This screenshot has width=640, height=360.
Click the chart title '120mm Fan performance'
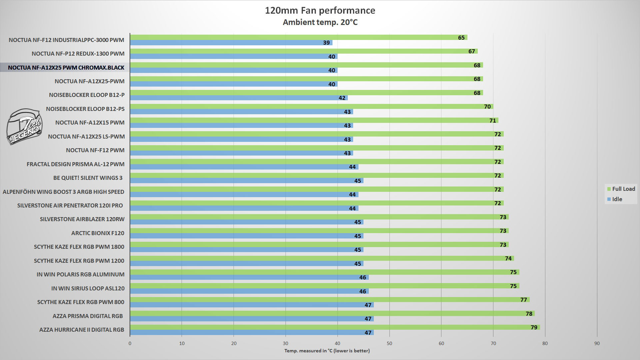pyautogui.click(x=320, y=11)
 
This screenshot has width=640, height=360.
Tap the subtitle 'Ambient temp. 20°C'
pyautogui.click(x=320, y=22)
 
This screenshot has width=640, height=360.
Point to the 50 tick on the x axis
pyautogui.click(x=389, y=343)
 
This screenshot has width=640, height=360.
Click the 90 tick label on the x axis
pyautogui.click(x=597, y=343)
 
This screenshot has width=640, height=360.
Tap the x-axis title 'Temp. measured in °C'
pyautogui.click(x=327, y=351)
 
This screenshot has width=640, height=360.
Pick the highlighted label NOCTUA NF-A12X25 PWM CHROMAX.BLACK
pyautogui.click(x=66, y=68)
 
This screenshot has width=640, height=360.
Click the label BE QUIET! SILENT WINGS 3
pyautogui.click(x=88, y=178)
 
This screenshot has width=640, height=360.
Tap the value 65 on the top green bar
pyautogui.click(x=461, y=38)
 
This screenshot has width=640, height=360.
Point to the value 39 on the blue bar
pyautogui.click(x=326, y=43)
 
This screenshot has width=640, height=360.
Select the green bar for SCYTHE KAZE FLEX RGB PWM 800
pyautogui.click(x=329, y=300)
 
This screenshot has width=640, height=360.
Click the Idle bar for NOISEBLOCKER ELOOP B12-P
pyautogui.click(x=239, y=98)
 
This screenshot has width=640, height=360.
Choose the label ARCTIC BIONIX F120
pyautogui.click(x=98, y=233)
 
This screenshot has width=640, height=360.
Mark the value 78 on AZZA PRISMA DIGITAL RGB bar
pyautogui.click(x=529, y=314)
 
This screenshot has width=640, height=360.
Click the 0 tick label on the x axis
pyautogui.click(x=130, y=343)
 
